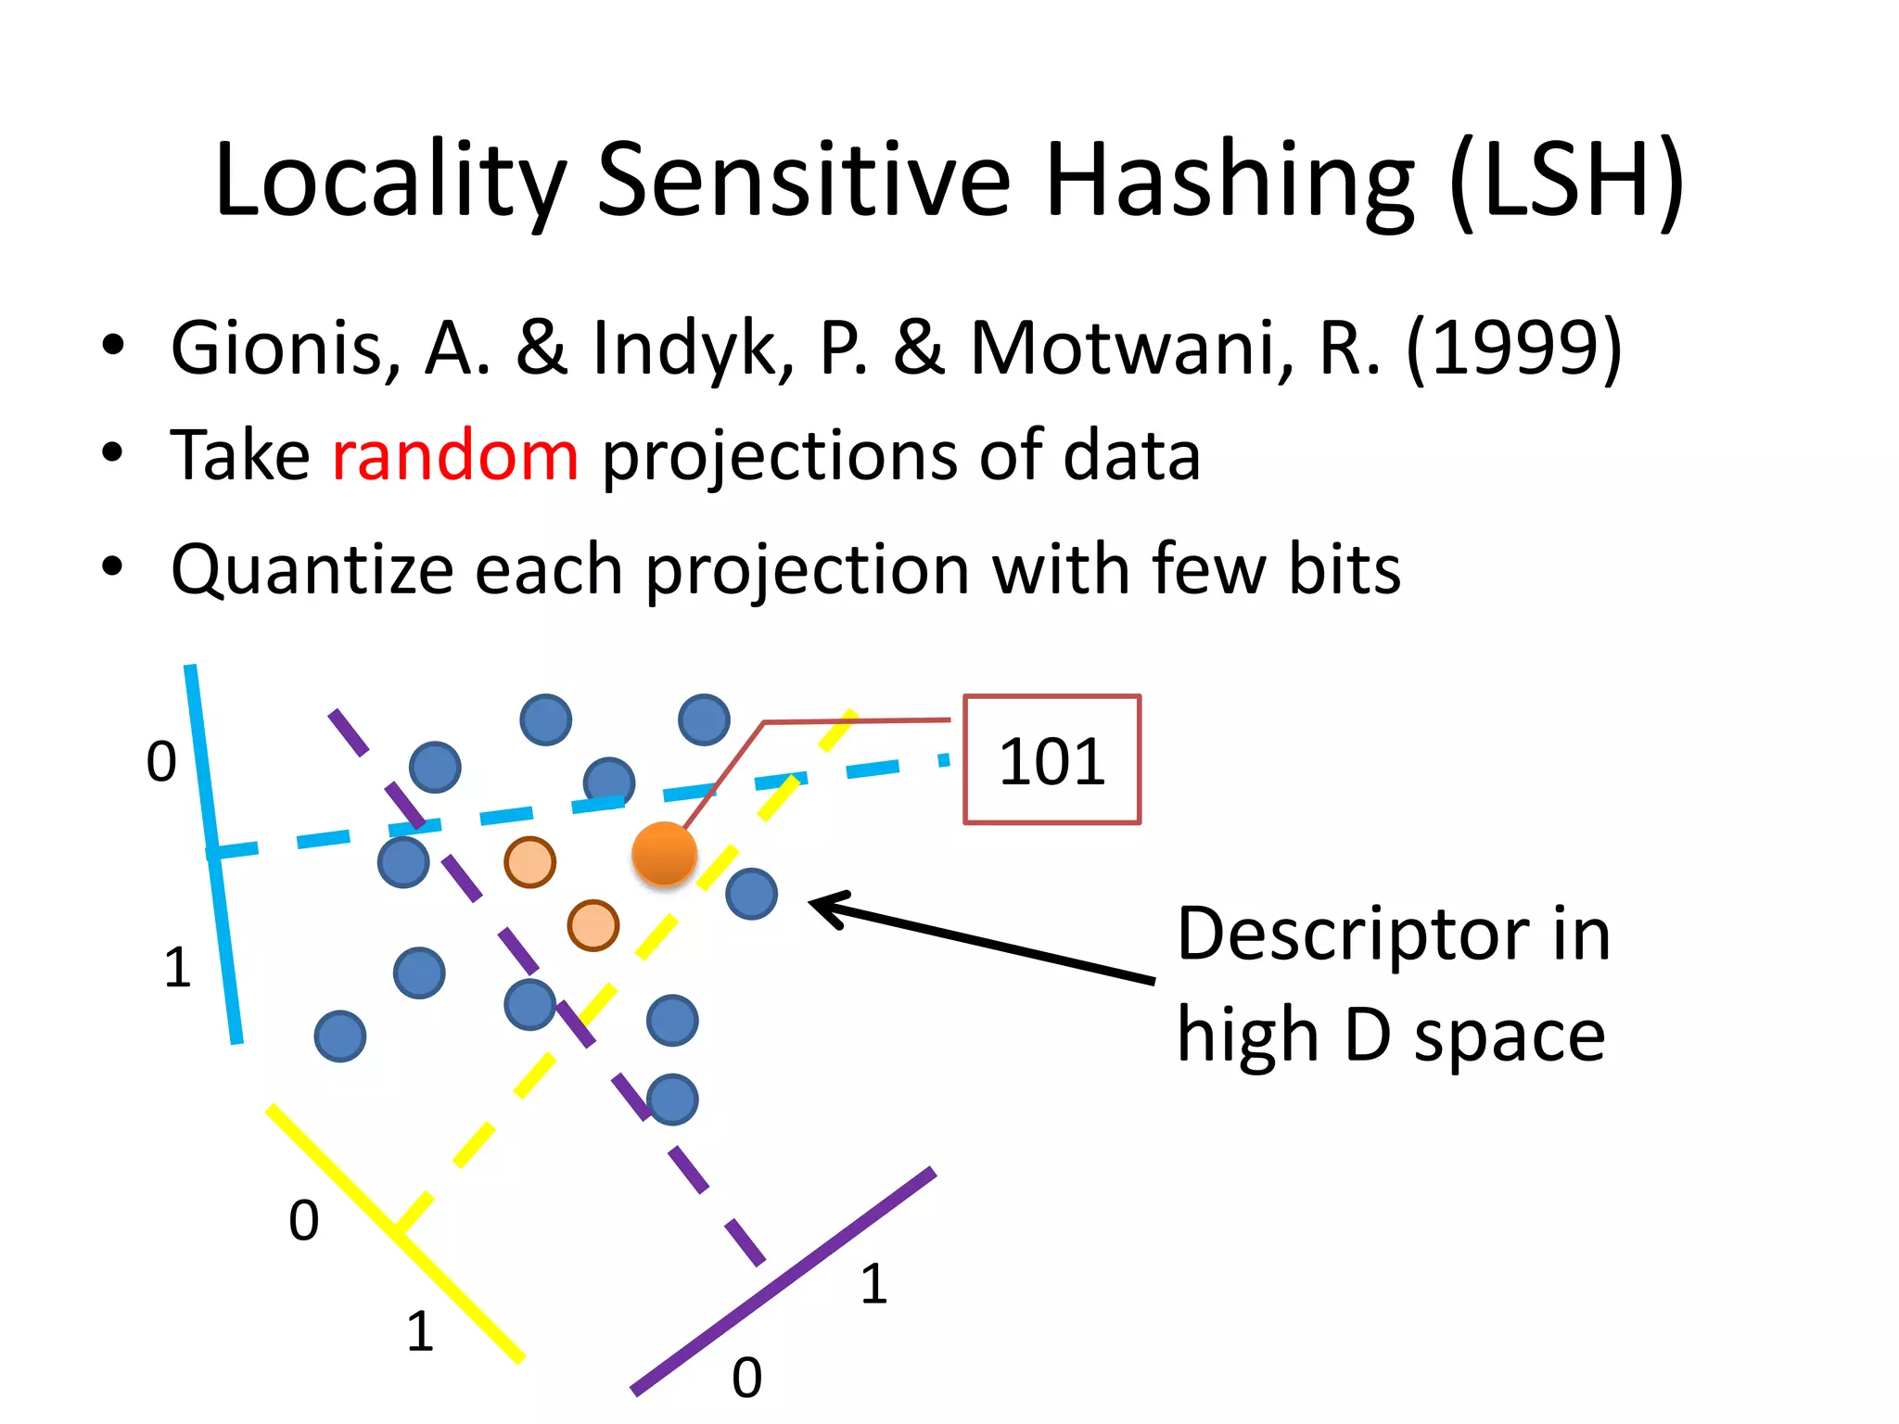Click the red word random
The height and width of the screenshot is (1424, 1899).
pyautogui.click(x=455, y=456)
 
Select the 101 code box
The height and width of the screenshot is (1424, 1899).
pyautogui.click(x=1051, y=759)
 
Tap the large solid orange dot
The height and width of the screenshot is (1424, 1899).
pyautogui.click(x=664, y=854)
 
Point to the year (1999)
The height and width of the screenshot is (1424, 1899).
pyautogui.click(x=1513, y=349)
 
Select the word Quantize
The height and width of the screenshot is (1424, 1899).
pyautogui.click(x=312, y=570)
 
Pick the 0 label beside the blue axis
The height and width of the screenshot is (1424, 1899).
pyautogui.click(x=161, y=762)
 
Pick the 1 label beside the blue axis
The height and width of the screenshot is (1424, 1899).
pyautogui.click(x=177, y=967)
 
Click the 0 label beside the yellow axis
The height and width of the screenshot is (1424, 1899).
pyautogui.click(x=304, y=1220)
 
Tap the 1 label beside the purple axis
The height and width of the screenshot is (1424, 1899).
pyautogui.click(x=873, y=1284)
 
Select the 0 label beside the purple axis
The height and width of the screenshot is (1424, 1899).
pyautogui.click(x=746, y=1378)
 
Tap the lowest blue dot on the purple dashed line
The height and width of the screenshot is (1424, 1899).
pyautogui.click(x=672, y=1100)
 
